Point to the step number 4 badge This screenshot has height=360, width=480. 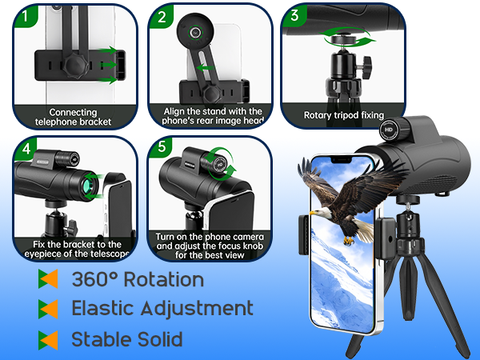tap(26, 149)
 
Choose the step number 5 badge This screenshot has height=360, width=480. tap(162, 149)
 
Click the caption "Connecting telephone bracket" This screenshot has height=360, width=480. tap(73, 117)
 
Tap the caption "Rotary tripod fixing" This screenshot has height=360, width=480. tap(345, 115)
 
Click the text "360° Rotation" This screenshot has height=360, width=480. tap(138, 280)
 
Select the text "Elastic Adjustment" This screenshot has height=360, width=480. tap(162, 308)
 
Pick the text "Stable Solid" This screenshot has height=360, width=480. tap(127, 338)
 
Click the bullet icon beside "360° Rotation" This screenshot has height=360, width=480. tap(48, 280)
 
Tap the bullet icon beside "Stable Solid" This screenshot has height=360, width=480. tap(48, 338)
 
